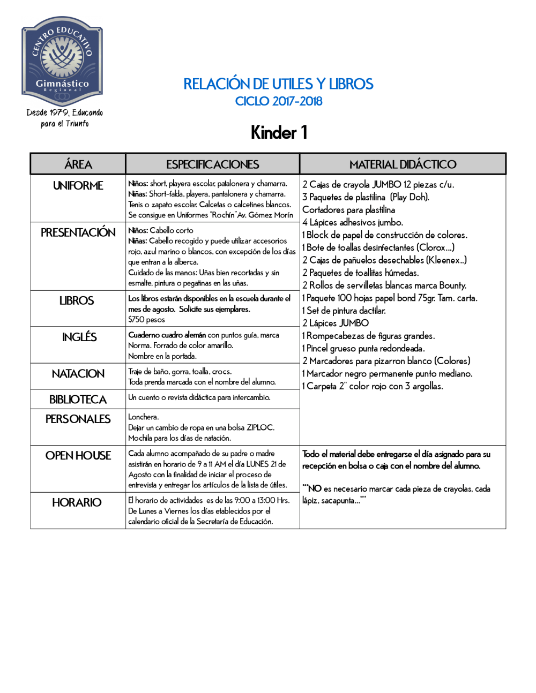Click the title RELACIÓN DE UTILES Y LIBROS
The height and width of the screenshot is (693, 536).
pyautogui.click(x=278, y=84)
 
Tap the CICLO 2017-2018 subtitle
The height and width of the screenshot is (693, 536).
pyautogui.click(x=279, y=101)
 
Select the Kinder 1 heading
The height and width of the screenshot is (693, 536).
pyautogui.click(x=279, y=133)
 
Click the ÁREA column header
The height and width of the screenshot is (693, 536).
pyautogui.click(x=78, y=164)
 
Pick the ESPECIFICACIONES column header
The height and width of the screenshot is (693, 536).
pyautogui.click(x=212, y=164)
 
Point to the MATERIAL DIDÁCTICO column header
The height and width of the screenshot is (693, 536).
pyautogui.click(x=403, y=164)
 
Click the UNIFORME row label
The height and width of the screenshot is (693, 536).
pyautogui.click(x=78, y=186)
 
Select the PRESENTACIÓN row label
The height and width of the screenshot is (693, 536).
pyautogui.click(x=78, y=232)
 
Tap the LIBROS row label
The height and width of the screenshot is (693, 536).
pyautogui.click(x=77, y=301)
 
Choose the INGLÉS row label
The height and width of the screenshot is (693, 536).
pyautogui.click(x=79, y=337)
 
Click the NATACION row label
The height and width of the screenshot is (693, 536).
pyautogui.click(x=78, y=374)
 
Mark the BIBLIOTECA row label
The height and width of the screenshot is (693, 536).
pyautogui.click(x=78, y=400)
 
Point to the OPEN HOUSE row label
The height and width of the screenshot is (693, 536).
pyautogui.click(x=78, y=456)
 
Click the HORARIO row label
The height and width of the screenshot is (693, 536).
pyautogui.click(x=77, y=503)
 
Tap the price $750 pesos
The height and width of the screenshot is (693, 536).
pyautogui.click(x=146, y=320)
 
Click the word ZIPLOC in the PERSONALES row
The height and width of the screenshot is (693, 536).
pyautogui.click(x=260, y=427)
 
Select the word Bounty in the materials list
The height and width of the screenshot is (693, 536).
pyautogui.click(x=452, y=285)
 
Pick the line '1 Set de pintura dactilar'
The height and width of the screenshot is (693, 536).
pyautogui.click(x=344, y=311)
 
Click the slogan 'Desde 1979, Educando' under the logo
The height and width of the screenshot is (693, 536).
pyautogui.click(x=65, y=112)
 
